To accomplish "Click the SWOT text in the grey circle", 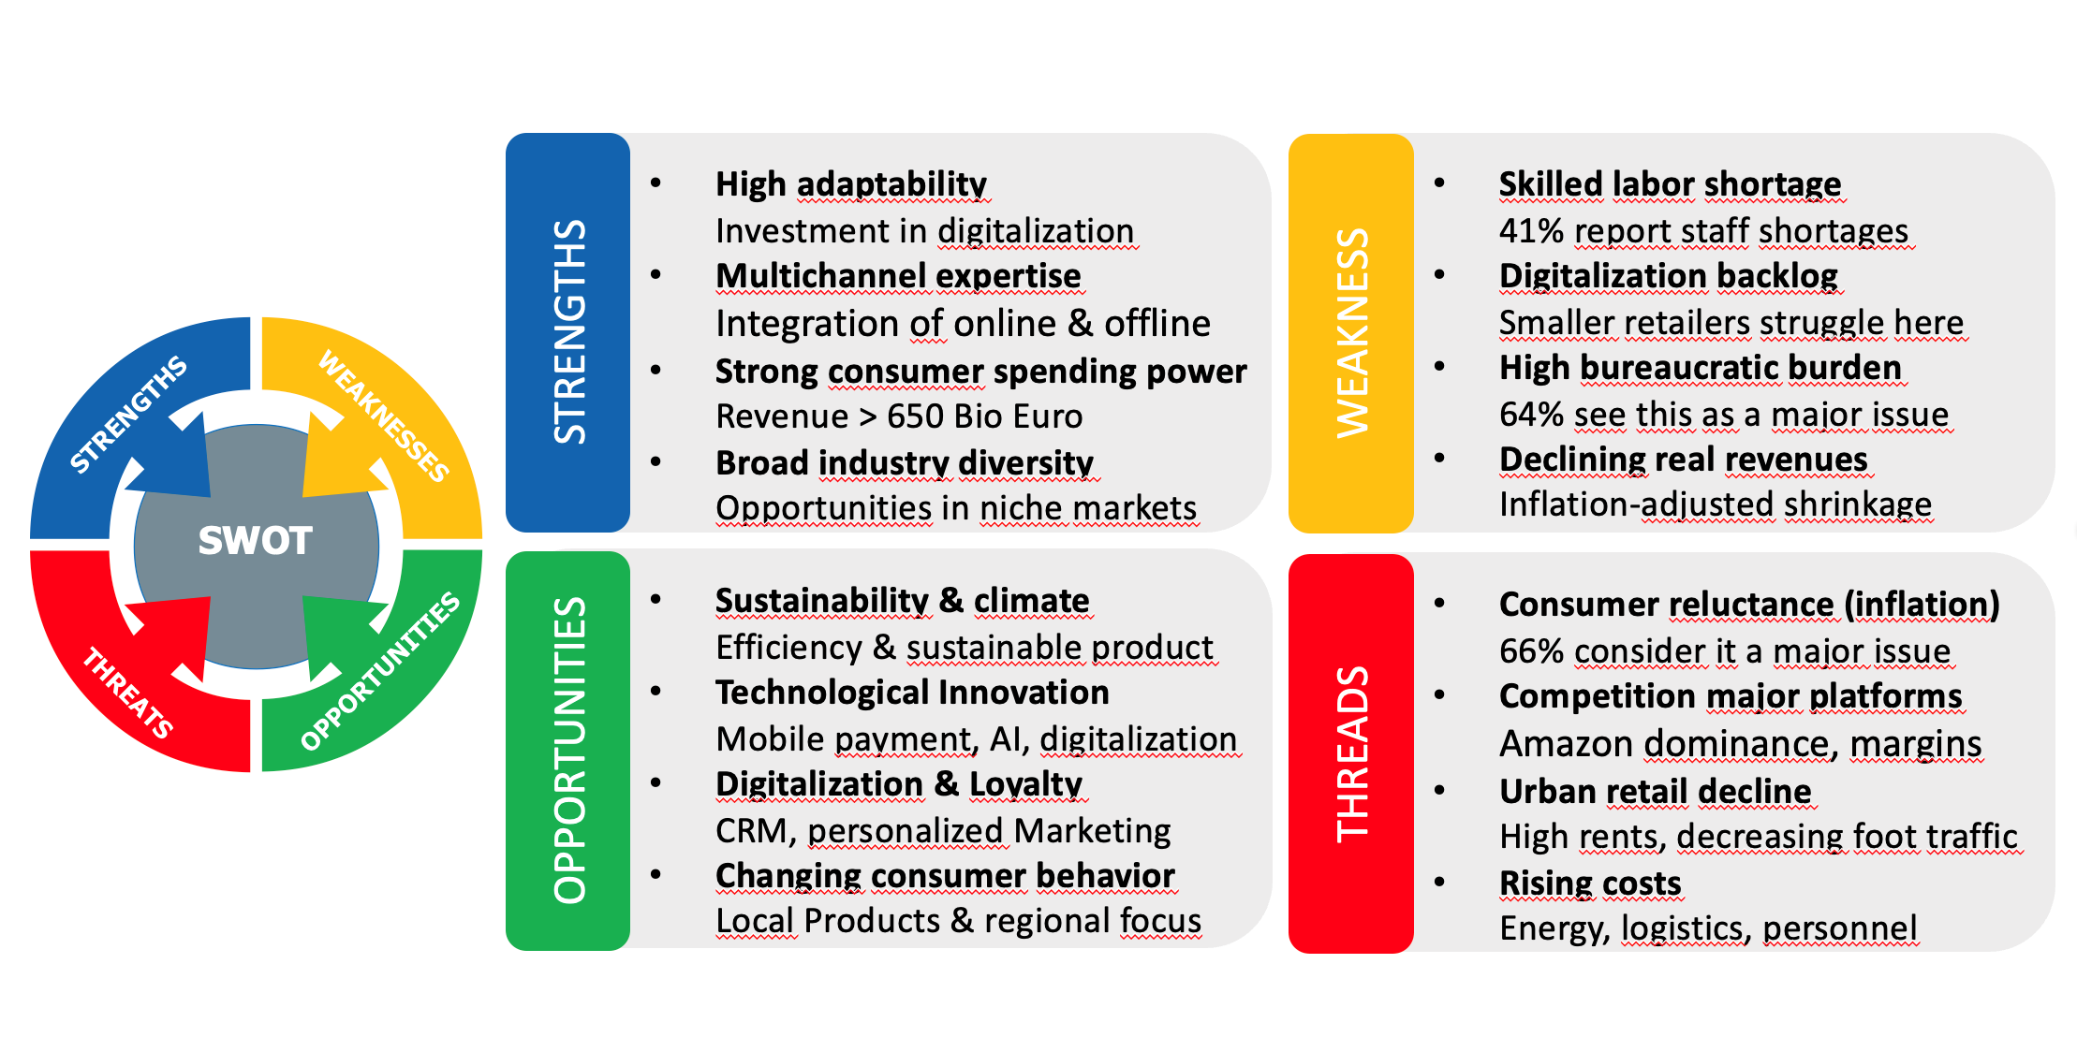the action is [255, 541].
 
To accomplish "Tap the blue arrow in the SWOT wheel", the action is [169, 449].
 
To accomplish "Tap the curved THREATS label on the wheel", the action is [128, 694].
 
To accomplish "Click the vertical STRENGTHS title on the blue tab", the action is [569, 332].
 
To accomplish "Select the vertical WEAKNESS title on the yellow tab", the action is [1352, 333].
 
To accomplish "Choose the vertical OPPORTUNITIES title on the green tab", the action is [569, 750].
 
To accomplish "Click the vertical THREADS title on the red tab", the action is [1352, 754].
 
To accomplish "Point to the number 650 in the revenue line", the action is [914, 416].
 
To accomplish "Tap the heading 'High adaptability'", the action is [851, 184].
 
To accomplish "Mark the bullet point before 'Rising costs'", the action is [1440, 882].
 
